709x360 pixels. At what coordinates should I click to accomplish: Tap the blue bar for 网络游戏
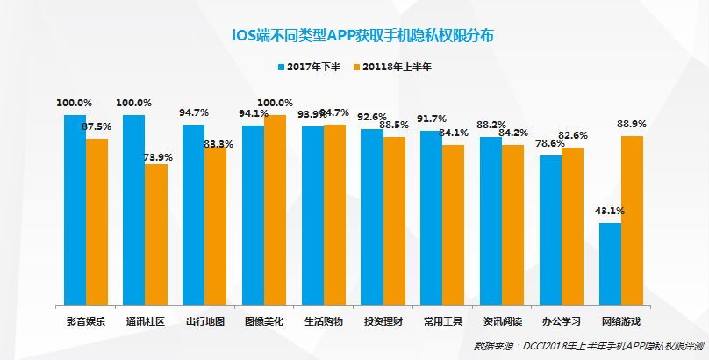(611, 263)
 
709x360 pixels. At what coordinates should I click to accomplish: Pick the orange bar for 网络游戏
(633, 219)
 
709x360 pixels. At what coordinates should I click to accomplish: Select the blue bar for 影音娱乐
(75, 208)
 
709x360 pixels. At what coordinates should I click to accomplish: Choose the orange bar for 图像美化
(276, 208)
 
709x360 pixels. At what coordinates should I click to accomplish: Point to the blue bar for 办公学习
(551, 228)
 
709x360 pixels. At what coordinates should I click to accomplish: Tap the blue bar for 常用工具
(432, 216)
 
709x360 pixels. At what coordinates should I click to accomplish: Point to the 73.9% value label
(158, 157)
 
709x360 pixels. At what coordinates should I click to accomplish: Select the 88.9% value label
(633, 124)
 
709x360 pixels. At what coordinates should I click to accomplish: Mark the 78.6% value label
(551, 143)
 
